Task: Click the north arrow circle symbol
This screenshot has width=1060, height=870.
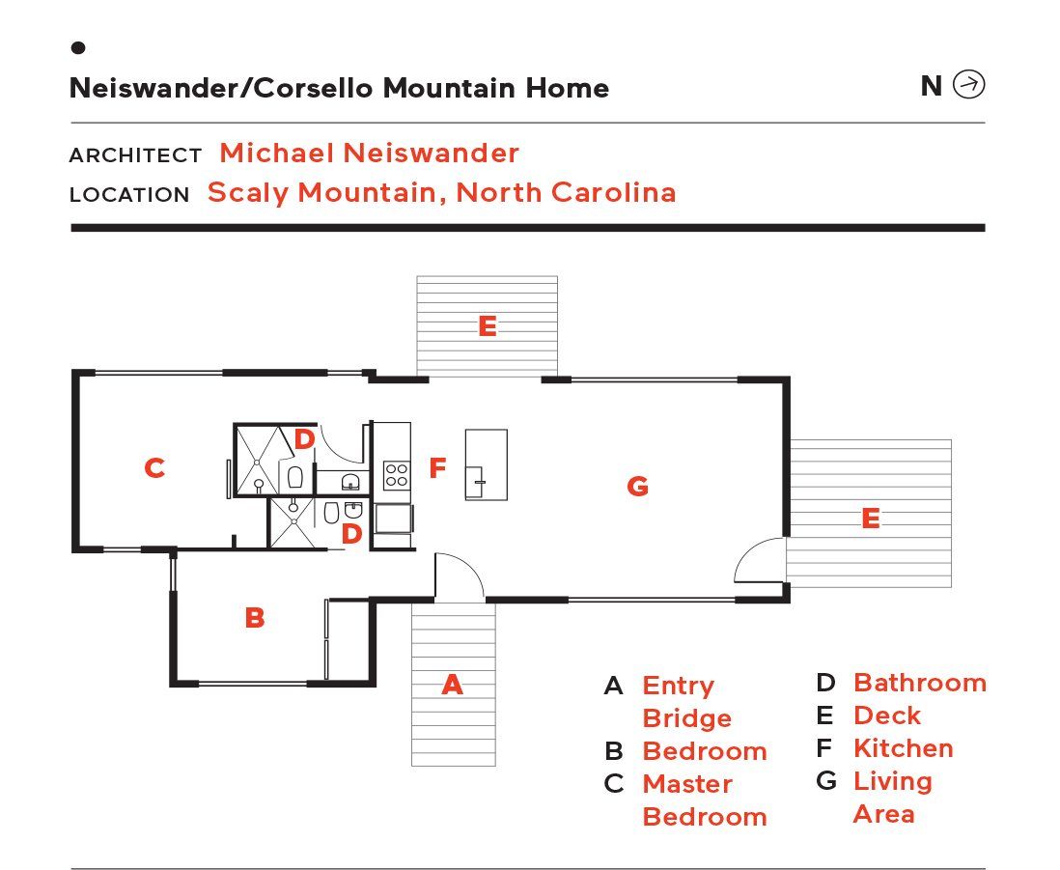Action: [968, 86]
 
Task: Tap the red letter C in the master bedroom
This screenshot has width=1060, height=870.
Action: [154, 468]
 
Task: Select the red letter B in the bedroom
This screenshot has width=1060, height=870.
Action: [255, 618]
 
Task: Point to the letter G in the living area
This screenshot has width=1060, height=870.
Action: [637, 486]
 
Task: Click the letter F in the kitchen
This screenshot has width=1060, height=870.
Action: [437, 469]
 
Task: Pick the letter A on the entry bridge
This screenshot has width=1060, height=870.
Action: [452, 686]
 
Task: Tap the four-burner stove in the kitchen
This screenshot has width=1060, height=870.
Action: [397, 474]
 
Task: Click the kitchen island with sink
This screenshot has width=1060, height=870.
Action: [487, 464]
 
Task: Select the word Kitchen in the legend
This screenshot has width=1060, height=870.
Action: [904, 748]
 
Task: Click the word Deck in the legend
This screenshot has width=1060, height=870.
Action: [886, 716]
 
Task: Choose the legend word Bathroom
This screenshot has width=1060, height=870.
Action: [919, 683]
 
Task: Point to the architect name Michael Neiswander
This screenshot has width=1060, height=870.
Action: [369, 153]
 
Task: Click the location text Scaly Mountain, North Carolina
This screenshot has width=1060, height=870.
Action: [441, 192]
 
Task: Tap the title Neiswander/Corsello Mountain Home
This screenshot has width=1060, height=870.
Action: [339, 89]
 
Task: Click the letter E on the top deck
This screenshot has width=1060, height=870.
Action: [488, 326]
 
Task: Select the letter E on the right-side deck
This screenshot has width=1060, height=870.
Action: [870, 519]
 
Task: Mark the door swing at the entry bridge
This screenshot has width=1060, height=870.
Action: [459, 577]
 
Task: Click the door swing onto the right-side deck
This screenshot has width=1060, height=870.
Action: [761, 560]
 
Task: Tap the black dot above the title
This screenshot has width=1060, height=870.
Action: [78, 47]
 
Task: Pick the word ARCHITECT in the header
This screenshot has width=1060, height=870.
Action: [135, 155]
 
